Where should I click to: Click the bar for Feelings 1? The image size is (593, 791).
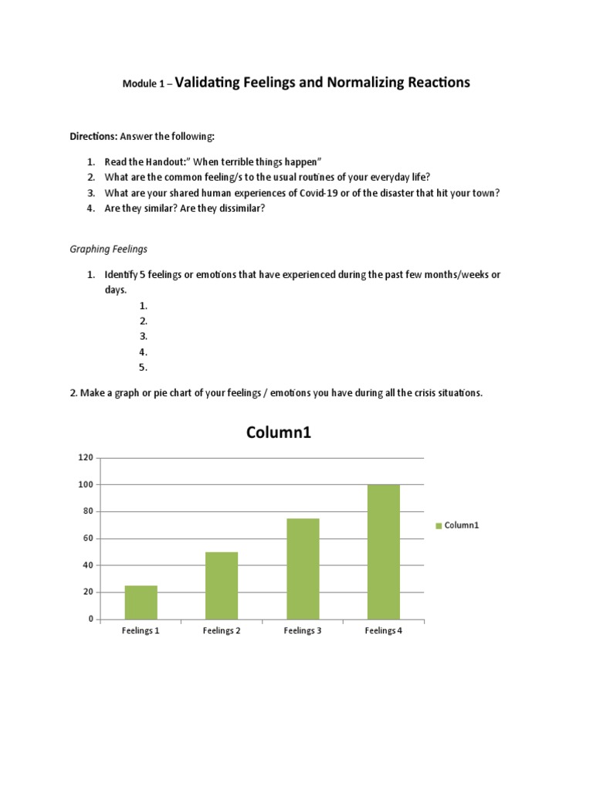tap(141, 603)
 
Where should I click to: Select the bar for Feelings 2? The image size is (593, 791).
tap(222, 586)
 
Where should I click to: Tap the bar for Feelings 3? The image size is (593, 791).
tap(303, 569)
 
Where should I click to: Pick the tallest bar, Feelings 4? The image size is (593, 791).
tap(384, 552)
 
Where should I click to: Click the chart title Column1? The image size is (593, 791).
tap(278, 433)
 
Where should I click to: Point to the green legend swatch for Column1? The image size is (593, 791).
tap(439, 525)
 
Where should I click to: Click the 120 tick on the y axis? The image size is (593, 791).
tap(85, 458)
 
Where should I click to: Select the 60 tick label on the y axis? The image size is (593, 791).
tap(87, 538)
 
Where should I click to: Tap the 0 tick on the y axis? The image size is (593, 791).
tap(90, 620)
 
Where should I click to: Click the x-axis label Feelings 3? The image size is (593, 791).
tap(302, 631)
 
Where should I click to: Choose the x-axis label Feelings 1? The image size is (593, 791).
tap(141, 631)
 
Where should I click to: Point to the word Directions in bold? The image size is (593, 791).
tap(93, 137)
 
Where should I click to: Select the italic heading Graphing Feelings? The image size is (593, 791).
tap(108, 250)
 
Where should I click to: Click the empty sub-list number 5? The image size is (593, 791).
tap(144, 368)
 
